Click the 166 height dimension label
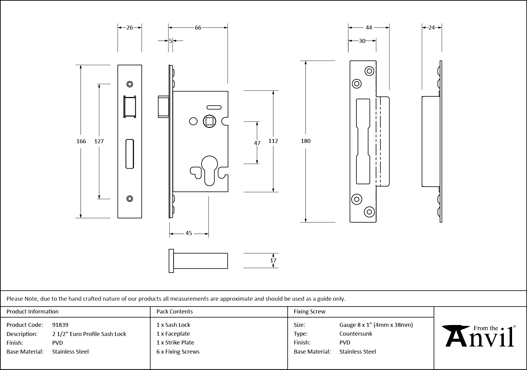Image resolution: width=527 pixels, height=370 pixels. [81, 141]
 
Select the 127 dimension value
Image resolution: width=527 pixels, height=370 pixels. [99, 141]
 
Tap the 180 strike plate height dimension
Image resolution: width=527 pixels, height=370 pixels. [306, 141]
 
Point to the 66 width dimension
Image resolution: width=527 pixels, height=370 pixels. [198, 28]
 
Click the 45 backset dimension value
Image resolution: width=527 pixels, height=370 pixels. [189, 233]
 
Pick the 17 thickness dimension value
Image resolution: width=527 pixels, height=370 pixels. [273, 261]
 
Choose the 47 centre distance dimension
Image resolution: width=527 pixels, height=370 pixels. [257, 143]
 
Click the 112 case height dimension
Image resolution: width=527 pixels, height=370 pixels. [273, 141]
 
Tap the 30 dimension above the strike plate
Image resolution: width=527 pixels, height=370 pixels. [362, 41]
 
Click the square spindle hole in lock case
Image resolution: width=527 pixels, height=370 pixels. [210, 121]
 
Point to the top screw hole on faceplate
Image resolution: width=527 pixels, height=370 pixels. [130, 84]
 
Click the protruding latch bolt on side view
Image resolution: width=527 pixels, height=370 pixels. [163, 106]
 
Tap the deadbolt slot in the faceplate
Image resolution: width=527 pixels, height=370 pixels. [130, 154]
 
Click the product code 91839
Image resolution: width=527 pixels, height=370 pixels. [60, 325]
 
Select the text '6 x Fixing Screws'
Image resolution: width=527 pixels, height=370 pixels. [178, 351]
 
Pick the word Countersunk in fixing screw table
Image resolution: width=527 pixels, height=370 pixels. [356, 334]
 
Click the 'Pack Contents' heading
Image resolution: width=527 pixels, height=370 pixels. [175, 311]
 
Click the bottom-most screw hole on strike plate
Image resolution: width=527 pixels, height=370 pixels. [370, 212]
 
